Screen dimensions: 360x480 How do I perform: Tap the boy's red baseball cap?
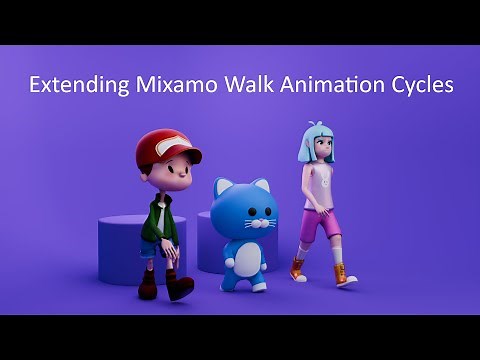(x=165, y=147)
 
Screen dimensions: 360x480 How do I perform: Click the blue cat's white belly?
(x=242, y=262)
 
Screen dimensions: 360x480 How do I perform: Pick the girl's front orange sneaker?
(x=344, y=275)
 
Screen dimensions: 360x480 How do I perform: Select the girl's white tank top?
(x=317, y=187)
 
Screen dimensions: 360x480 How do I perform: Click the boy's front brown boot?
(x=180, y=287)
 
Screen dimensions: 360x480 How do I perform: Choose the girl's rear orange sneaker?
(x=297, y=269)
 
